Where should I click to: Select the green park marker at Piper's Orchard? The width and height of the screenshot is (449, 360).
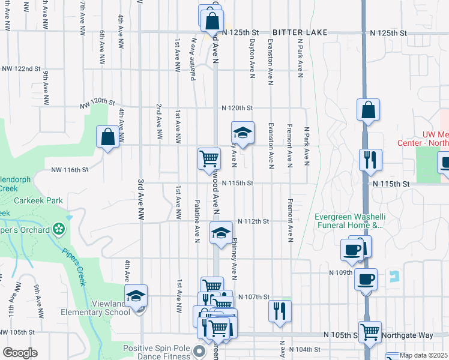pos(58,228)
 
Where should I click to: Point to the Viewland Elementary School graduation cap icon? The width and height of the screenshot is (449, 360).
pos(136,295)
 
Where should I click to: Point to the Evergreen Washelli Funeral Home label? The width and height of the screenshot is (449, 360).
pos(348,221)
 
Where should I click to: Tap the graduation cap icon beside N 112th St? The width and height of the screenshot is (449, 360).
pos(221,232)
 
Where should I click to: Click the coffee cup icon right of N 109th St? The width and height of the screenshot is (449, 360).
pos(366,279)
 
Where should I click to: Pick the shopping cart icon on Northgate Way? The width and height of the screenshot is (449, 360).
pos(370,330)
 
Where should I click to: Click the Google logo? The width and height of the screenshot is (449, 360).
pos(20,353)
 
